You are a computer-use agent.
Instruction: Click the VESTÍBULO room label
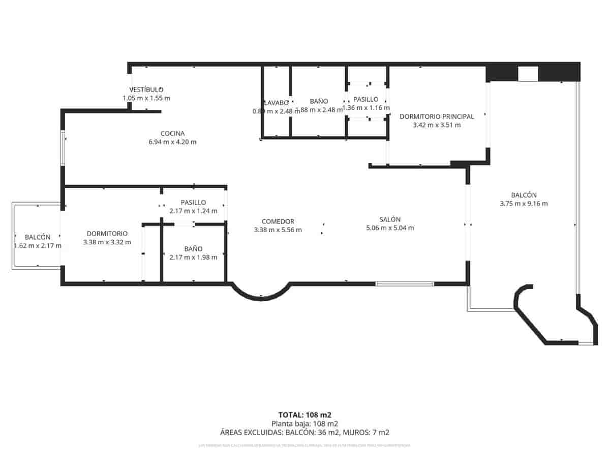(x=146, y=90)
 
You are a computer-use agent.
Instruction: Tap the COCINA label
(x=172, y=133)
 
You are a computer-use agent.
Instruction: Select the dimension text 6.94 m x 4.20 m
(x=172, y=142)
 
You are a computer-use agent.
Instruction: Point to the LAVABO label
(x=276, y=102)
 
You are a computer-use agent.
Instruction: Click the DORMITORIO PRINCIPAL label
(x=437, y=116)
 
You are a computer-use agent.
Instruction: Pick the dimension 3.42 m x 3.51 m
(x=437, y=125)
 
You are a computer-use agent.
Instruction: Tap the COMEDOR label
(x=278, y=221)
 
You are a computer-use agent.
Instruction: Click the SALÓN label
(x=390, y=219)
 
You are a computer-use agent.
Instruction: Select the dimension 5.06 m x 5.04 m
(x=390, y=228)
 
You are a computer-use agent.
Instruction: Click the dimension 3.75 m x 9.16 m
(x=524, y=204)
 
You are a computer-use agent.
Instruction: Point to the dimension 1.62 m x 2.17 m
(x=38, y=246)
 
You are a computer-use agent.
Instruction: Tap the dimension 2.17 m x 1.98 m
(x=193, y=257)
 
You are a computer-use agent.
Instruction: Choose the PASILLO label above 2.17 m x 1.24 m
(x=193, y=202)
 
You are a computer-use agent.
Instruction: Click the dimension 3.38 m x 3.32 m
(x=107, y=242)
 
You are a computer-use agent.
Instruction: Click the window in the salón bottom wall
(x=405, y=283)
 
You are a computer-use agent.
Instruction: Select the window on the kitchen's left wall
(x=63, y=148)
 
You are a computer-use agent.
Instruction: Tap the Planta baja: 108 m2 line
(x=305, y=423)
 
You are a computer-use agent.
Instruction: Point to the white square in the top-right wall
(x=528, y=74)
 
